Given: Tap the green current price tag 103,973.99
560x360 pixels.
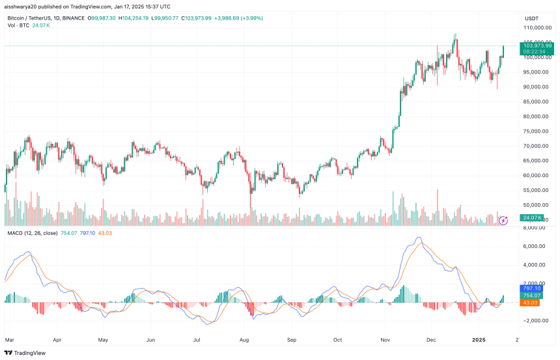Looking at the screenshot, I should click(537, 46).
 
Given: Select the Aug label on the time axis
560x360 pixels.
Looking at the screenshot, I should click(244, 339).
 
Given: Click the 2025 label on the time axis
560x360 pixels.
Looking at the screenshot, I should click(479, 339).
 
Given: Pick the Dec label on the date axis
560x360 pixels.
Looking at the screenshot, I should click(430, 339).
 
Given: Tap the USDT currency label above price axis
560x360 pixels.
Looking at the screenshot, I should click(532, 18).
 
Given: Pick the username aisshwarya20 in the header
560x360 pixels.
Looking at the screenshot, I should click(23, 5).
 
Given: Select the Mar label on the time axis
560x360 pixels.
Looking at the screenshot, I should click(10, 339).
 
